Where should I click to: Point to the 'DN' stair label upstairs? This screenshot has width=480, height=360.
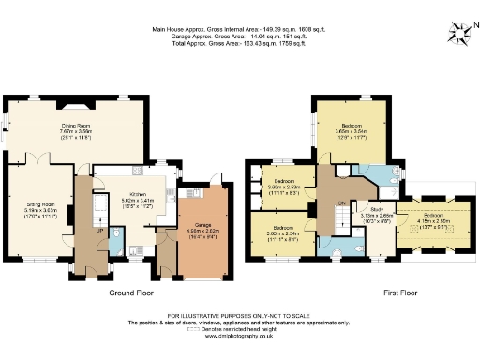coord(341,202)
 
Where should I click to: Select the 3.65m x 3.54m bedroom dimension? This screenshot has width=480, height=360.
coord(352,132)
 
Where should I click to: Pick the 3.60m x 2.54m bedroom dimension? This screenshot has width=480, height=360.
coord(283,234)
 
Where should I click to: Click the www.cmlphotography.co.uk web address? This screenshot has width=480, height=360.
coord(239,335)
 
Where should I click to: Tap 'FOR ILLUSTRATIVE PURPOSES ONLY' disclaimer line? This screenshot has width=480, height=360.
coord(239,315)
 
